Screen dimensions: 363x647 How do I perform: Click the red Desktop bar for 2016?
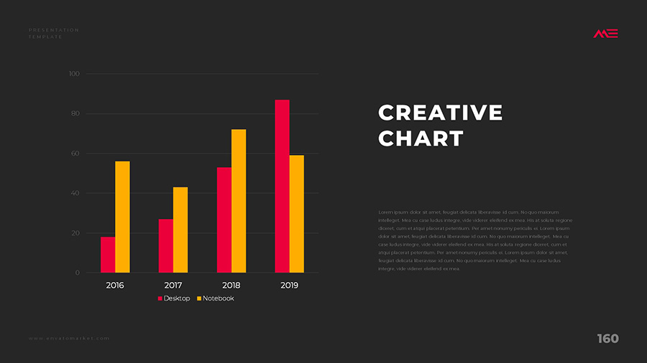tap(108, 255)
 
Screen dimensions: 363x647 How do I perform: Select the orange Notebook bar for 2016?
tap(122, 217)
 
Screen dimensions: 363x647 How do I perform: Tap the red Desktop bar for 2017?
tap(165, 245)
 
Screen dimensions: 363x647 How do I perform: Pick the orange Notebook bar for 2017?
tap(180, 230)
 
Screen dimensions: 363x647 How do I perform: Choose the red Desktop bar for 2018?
tap(224, 220)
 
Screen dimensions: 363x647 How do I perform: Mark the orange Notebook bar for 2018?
tap(239, 201)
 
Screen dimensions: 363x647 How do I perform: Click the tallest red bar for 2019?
tap(282, 187)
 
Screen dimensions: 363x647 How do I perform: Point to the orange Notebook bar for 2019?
tap(297, 214)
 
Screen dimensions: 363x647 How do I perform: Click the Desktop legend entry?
tap(175, 298)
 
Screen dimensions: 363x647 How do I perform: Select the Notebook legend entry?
tap(216, 298)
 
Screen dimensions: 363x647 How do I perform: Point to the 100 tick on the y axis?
tap(74, 74)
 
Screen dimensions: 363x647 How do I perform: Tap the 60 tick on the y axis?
tap(75, 154)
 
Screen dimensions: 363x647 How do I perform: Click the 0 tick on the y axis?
tap(77, 273)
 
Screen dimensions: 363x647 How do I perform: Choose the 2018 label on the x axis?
tap(231, 286)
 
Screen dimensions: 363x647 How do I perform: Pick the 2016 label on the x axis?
tap(115, 286)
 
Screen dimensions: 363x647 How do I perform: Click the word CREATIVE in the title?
tap(440, 113)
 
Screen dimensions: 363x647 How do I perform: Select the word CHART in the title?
tap(421, 138)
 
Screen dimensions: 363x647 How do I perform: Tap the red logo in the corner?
tap(605, 34)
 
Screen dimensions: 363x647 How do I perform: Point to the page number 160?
tap(607, 339)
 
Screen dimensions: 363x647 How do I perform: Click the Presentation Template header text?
tap(53, 33)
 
